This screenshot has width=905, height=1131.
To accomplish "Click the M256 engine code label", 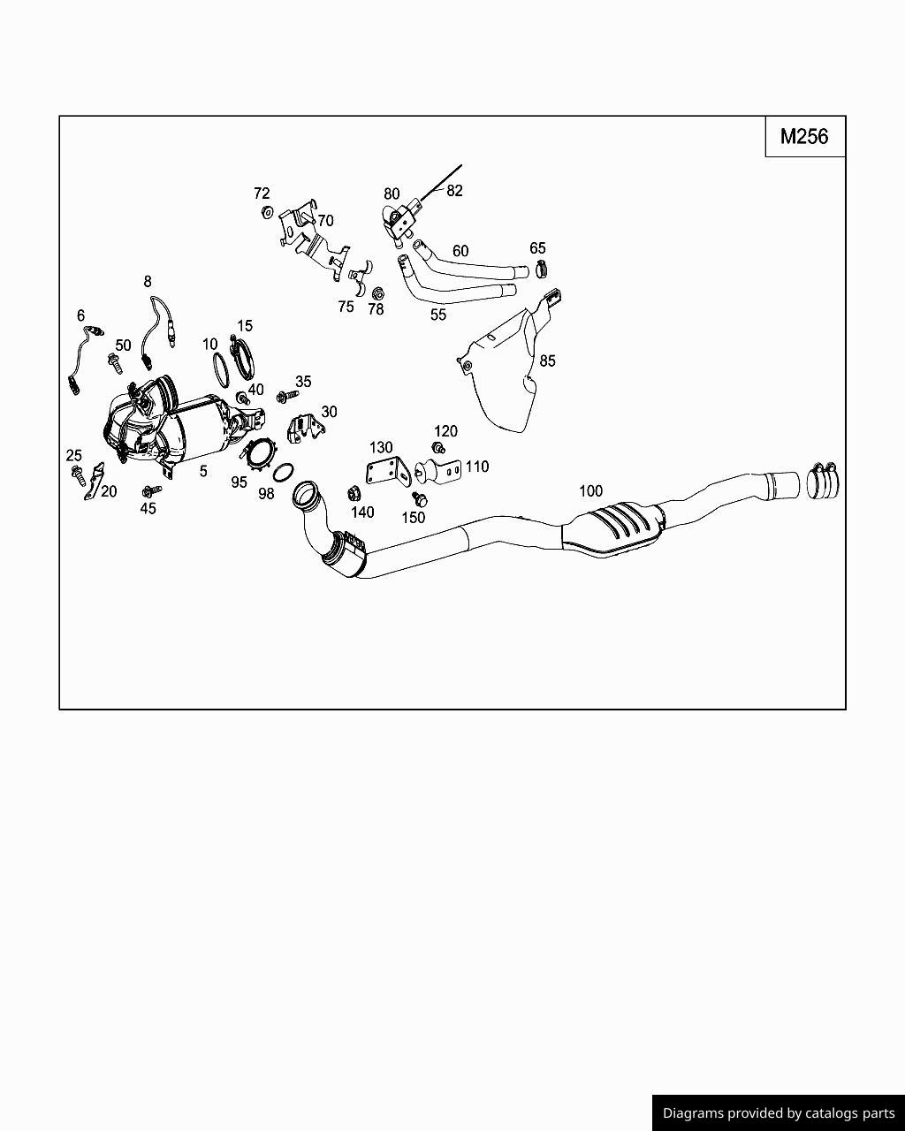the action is point(804,137).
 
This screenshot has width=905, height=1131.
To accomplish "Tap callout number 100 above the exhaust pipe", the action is point(590,491).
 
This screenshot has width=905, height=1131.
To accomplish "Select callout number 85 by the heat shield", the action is point(547,361).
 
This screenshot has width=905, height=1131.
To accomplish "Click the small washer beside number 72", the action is point(267,212).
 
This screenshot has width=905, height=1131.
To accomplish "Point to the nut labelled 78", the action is point(377,293).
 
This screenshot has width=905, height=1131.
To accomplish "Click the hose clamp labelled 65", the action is point(541,269).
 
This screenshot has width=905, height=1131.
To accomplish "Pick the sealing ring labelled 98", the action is point(284,472).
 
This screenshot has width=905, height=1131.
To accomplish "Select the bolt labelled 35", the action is point(287,396).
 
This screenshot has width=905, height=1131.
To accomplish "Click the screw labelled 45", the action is point(151,491).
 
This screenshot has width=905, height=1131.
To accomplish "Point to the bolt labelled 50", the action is point(115,363).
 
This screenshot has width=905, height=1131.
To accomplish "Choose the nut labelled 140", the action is point(354,494).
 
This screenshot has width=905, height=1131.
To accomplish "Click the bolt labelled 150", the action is point(420,498).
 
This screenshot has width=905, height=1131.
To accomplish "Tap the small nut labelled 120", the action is point(438,448).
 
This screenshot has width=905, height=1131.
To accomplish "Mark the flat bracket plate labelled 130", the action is point(389,473).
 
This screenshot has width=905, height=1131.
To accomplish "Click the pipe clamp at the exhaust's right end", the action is point(823,481).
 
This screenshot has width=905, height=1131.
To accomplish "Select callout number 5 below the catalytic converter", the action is point(203,472).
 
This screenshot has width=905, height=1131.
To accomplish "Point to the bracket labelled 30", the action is point(306,429).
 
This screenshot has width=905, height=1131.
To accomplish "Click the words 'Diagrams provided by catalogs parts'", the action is point(779,1113).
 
